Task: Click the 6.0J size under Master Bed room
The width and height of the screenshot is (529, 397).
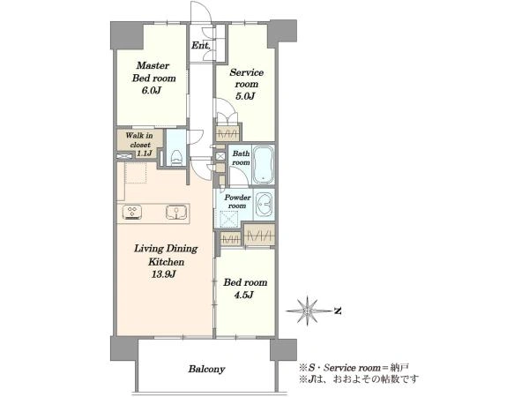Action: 153,91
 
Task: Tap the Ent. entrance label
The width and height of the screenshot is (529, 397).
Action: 201,45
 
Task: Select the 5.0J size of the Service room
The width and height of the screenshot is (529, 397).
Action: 246,96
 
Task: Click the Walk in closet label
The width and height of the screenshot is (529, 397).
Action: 139,140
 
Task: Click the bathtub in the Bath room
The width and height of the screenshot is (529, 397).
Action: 264,164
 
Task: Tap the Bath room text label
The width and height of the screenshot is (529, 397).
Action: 241,158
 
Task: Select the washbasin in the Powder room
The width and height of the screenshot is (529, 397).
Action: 264,205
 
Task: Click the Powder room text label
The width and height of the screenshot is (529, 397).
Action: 237,201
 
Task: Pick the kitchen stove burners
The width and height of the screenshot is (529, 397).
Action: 132,213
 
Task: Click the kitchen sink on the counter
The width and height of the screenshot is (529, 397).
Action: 176,213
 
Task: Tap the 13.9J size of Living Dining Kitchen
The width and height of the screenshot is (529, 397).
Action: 164,274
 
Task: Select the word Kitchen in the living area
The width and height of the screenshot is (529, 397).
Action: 167,262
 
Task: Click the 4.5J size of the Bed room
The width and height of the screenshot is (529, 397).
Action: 243,296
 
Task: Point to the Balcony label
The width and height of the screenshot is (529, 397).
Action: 206,369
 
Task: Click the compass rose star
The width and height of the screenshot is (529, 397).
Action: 308,311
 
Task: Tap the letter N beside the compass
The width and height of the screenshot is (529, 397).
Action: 338,311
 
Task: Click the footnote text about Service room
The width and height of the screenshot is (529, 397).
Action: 354,367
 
